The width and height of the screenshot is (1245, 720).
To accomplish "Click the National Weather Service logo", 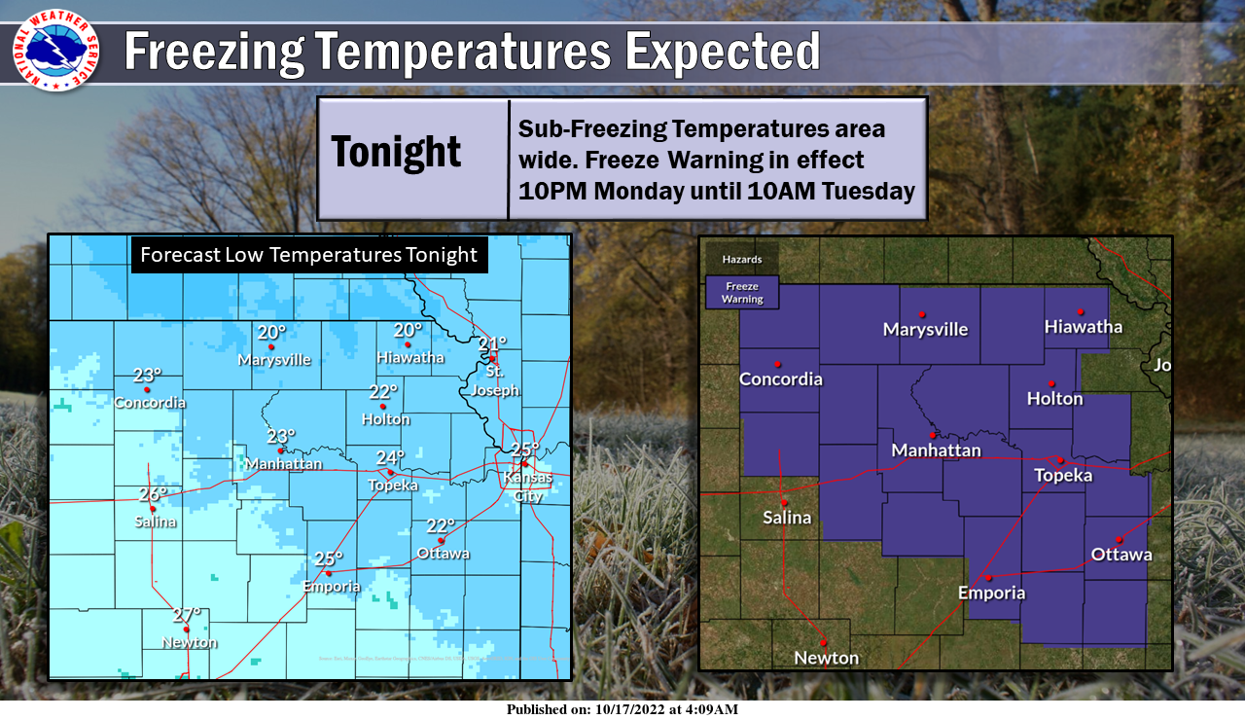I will pos(55,50).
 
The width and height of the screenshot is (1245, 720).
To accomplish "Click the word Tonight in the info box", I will pos(396,152).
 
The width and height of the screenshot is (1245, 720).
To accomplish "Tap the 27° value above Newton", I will pos(187,614).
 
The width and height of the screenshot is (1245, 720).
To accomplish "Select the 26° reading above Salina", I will pos(153,493).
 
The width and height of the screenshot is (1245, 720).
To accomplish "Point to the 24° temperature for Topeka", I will pos(390,457).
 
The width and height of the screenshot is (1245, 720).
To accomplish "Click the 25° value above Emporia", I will pos(329,558).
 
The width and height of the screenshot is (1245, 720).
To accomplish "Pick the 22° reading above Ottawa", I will pos(441,525).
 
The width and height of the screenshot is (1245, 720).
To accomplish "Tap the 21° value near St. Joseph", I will pos(493,342).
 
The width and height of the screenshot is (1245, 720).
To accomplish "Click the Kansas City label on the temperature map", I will pos(527,486).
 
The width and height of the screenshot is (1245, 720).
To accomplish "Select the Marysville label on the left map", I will pos(275,360).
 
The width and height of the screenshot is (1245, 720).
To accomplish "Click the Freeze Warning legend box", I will pos(742,293).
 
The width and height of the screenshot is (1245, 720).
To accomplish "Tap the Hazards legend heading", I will pos(742,260).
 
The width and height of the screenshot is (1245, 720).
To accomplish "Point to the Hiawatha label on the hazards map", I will pos(1084,327).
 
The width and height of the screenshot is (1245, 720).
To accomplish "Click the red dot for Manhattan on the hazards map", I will pos(932,434).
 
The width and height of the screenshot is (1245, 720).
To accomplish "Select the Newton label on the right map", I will pos(827,658).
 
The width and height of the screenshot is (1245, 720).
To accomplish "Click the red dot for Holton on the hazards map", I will pos(1051,383).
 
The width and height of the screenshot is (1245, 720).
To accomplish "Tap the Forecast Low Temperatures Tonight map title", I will pos(309,255).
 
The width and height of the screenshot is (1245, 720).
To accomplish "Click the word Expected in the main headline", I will pos(722,51).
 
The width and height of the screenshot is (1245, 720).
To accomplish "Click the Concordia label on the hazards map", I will pos(781,379).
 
